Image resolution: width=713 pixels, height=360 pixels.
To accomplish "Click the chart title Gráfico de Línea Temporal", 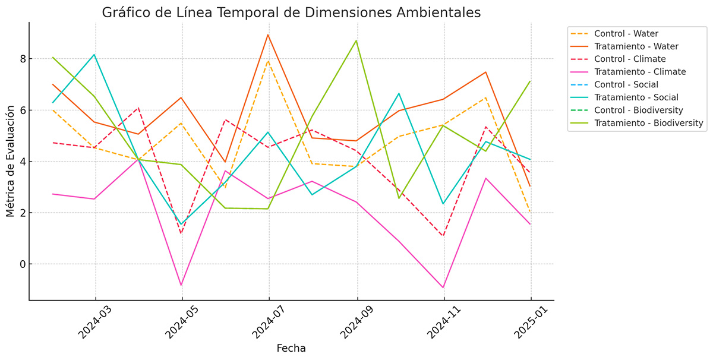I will (x=291, y=12).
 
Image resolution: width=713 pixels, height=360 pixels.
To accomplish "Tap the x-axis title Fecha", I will (x=291, y=348).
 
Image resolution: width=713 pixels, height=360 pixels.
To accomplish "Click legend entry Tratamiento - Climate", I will (x=639, y=72).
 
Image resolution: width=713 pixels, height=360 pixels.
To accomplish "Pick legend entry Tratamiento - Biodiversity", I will (x=649, y=123).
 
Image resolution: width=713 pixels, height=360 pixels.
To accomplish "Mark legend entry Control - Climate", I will (x=629, y=59).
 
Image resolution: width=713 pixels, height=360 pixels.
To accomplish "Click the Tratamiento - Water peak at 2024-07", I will (x=269, y=34).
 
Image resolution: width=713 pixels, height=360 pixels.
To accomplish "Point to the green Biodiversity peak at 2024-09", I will (x=356, y=40).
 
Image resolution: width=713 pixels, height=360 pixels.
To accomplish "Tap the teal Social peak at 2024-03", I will (x=94, y=55).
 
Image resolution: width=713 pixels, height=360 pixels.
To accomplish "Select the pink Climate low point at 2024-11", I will (x=443, y=288).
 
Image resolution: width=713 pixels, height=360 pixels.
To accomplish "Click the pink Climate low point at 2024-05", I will (x=182, y=285).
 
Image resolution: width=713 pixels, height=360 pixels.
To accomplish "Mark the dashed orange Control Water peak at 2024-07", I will (x=269, y=61).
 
